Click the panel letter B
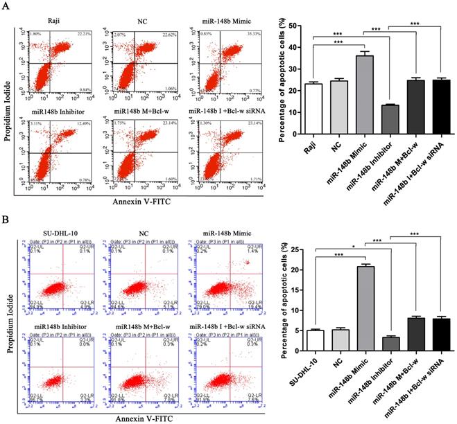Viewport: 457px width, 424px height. [x=7, y=224]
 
